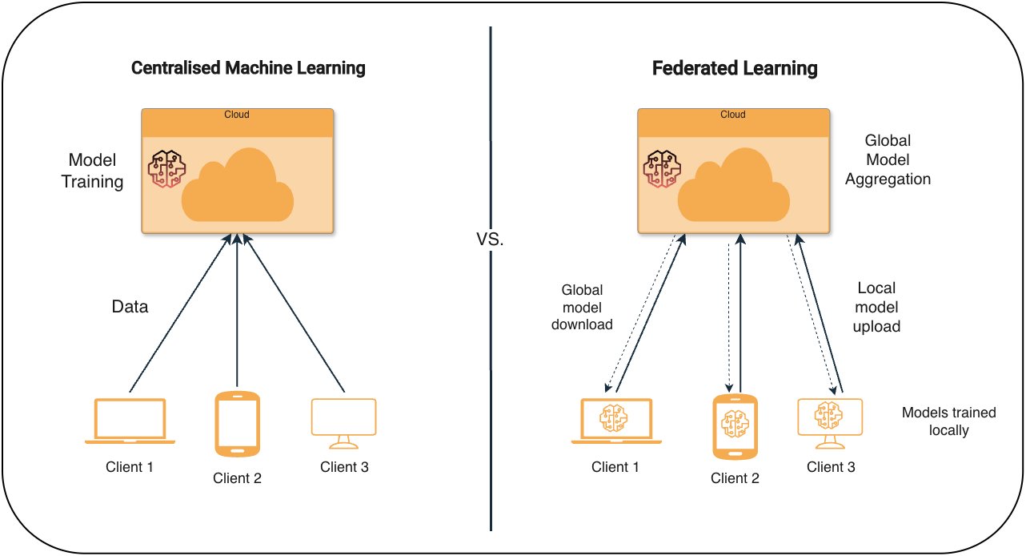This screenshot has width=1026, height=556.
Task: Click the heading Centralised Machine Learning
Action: point(248,68)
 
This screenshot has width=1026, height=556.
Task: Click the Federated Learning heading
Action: point(735,69)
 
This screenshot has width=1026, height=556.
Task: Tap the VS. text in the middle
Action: point(490,240)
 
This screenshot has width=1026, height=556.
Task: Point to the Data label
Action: point(129,306)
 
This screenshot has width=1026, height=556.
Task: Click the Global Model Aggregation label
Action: point(888,160)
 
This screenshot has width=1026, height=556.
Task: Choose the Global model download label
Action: point(582,307)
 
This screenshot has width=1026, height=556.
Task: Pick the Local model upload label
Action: point(878,307)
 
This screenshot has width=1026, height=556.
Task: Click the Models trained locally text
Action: point(948,421)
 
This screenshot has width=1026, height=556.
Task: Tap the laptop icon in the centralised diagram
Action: point(130,421)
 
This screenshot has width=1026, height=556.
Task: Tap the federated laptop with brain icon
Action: point(615,421)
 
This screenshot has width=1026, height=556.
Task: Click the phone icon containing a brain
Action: point(735,426)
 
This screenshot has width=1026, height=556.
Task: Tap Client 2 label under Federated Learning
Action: point(735,478)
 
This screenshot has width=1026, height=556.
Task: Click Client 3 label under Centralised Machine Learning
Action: point(344,467)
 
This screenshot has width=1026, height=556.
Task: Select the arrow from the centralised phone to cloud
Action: point(238,312)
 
